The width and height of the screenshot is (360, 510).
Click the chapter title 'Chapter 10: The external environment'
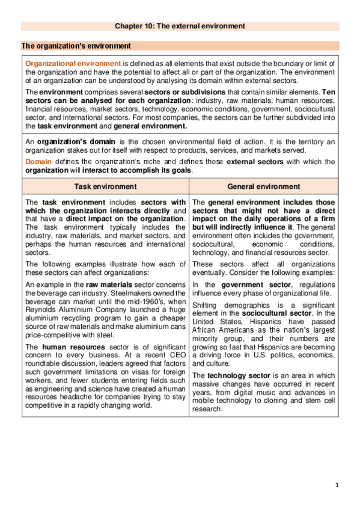(180, 26)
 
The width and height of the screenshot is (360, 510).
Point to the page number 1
(338, 484)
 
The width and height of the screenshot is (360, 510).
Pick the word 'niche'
(148, 162)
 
